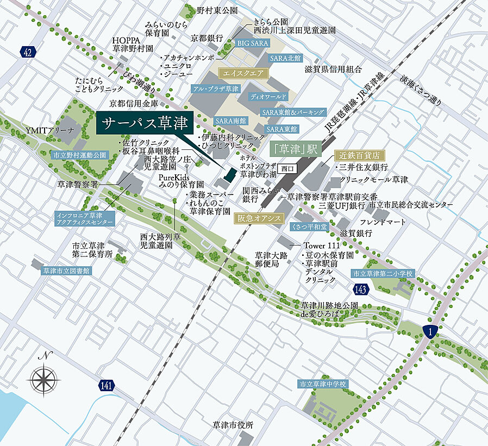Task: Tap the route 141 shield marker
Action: click(x=107, y=385)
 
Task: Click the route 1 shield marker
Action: click(x=430, y=331)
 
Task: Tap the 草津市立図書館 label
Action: click(x=67, y=270)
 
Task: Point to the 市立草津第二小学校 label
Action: click(x=383, y=273)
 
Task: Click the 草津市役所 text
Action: click(x=233, y=425)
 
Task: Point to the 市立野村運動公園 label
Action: click(x=80, y=155)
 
